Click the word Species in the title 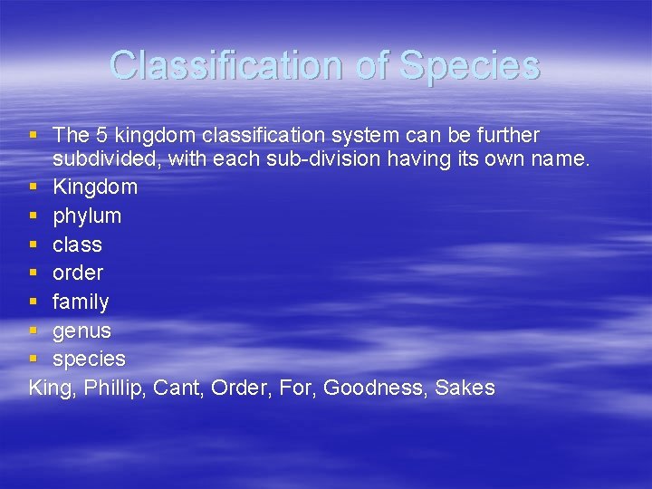coord(469,66)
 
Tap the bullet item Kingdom coord(95,187)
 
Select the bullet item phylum coord(87,216)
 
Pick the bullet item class coord(77,245)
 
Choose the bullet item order coord(78,273)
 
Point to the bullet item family coord(81,302)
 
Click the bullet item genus coord(81,331)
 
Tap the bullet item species coord(89,360)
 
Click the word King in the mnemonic coord(51,388)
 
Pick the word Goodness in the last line coord(375,388)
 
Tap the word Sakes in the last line coord(465,388)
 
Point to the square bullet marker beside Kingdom coord(34,187)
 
